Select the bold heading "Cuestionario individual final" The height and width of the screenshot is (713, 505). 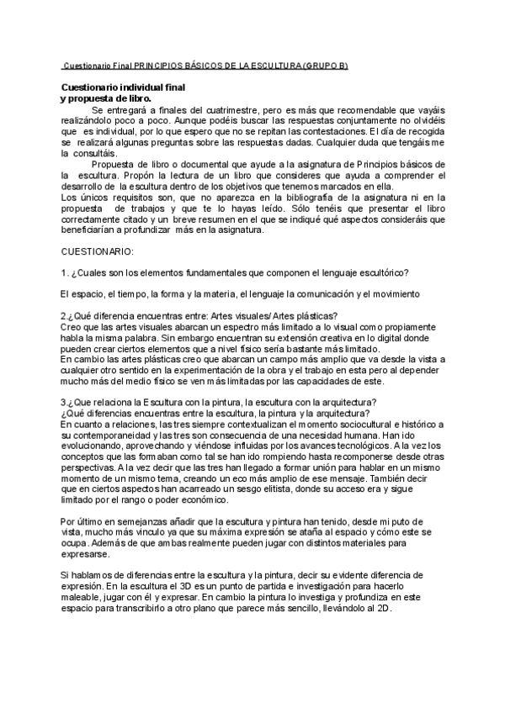tap(123, 87)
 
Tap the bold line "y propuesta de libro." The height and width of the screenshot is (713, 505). tap(105, 98)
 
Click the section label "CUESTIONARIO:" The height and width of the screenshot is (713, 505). tap(98, 251)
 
